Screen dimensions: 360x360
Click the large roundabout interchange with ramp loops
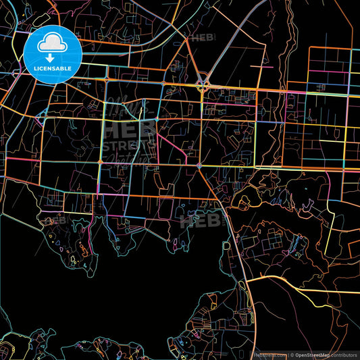pos(203,86)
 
